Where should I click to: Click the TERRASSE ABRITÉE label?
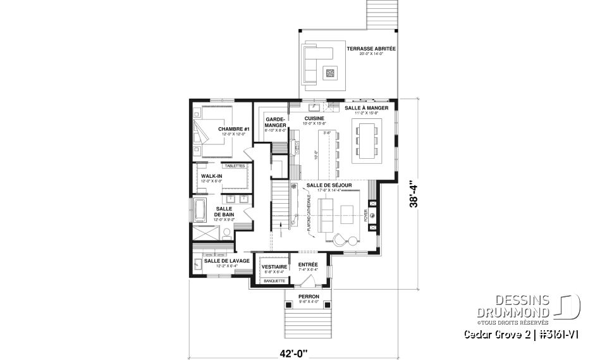[x=371, y=49]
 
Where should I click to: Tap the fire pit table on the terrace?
[x=330, y=73]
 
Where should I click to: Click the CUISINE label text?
[x=314, y=118]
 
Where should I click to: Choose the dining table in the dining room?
[x=367, y=140]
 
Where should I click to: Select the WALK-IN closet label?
[x=211, y=176]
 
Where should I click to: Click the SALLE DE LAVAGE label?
[x=226, y=260]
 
